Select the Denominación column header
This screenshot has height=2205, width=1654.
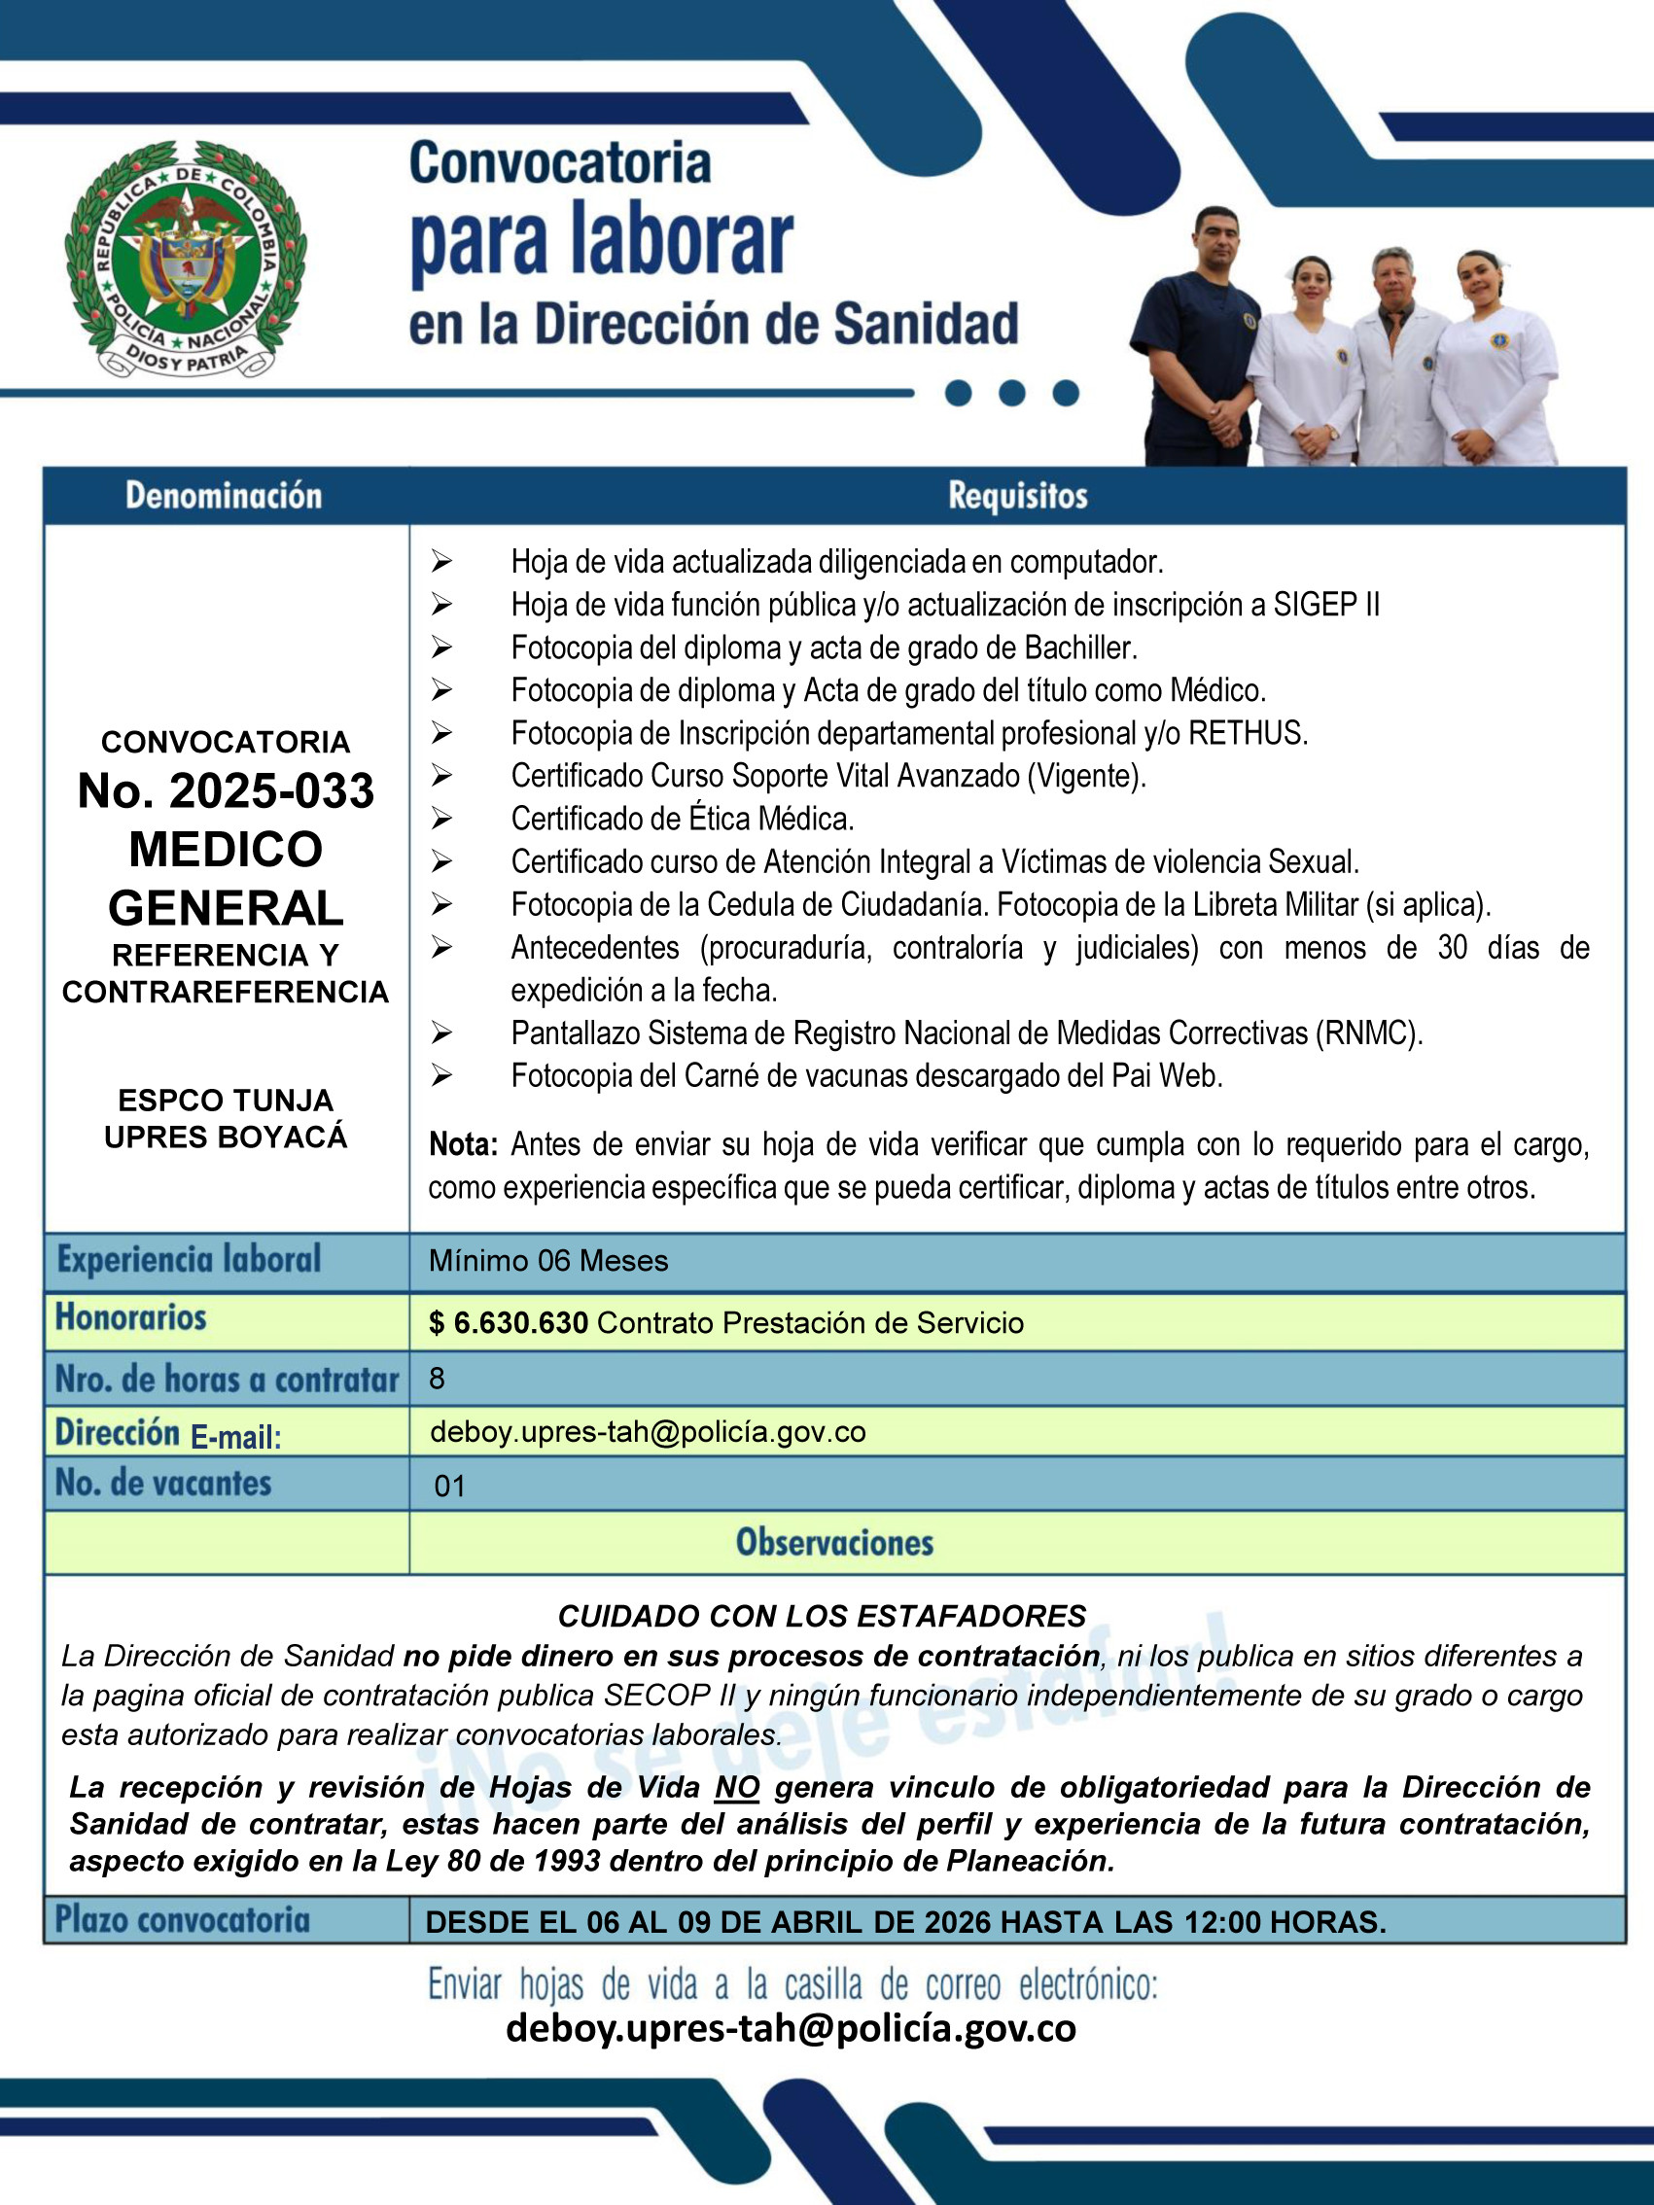pyautogui.click(x=224, y=496)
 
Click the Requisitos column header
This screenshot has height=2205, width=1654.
pyautogui.click(x=1017, y=496)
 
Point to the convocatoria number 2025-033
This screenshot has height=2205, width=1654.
pyautogui.click(x=227, y=790)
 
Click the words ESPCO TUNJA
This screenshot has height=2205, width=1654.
pyautogui.click(x=226, y=1100)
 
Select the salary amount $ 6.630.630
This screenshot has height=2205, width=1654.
pyautogui.click(x=509, y=1323)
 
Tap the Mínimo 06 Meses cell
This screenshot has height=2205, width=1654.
pyautogui.click(x=548, y=1261)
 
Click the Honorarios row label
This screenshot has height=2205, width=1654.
pyautogui.click(x=130, y=1317)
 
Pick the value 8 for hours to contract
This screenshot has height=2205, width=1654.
pyautogui.click(x=437, y=1379)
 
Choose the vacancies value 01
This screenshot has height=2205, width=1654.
pyautogui.click(x=449, y=1487)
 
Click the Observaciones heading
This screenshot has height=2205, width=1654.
pyautogui.click(x=834, y=1542)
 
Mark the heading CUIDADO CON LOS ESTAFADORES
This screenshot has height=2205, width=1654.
pyautogui.click(x=822, y=1616)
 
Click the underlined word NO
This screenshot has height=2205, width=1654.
pyautogui.click(x=737, y=1787)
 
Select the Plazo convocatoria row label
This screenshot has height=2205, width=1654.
pyautogui.click(x=183, y=1919)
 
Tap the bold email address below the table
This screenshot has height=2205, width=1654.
pyautogui.click(x=791, y=2029)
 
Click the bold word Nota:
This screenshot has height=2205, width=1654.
pyautogui.click(x=463, y=1144)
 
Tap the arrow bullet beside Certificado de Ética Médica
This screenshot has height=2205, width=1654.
pyautogui.click(x=441, y=820)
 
